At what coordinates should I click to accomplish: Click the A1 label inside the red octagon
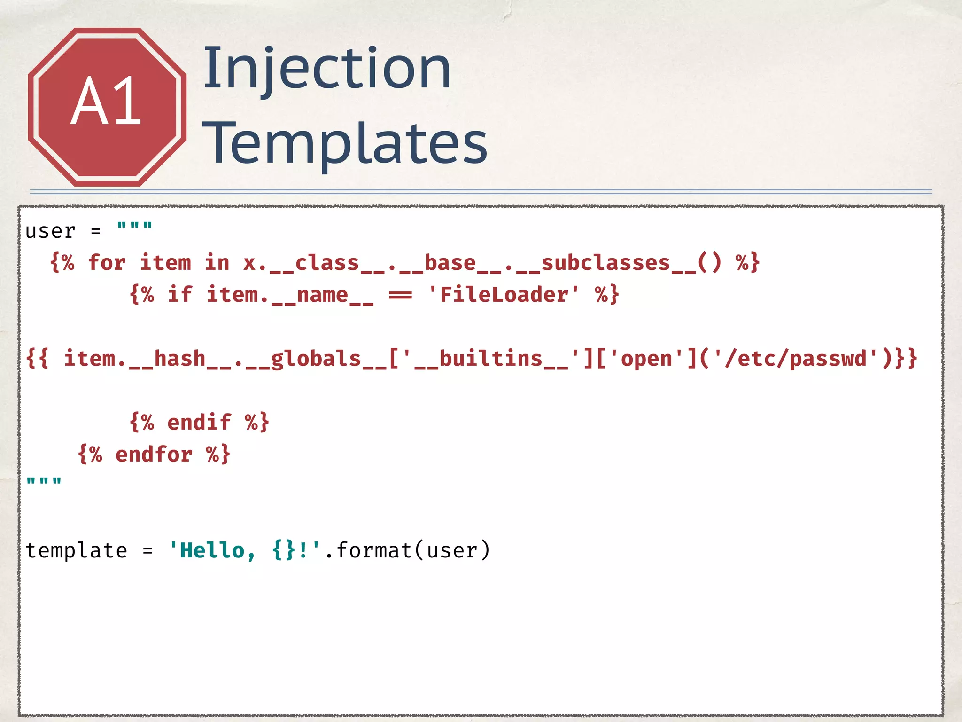[x=106, y=102]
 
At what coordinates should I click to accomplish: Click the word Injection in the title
[x=327, y=69]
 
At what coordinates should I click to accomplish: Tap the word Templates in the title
[x=345, y=143]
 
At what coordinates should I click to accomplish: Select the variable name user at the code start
[x=50, y=231]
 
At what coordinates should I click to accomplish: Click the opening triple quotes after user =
[x=135, y=227]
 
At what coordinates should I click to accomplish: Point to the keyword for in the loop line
[x=107, y=262]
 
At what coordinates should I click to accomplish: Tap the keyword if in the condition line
[x=180, y=295]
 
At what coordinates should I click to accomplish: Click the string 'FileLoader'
[x=504, y=295]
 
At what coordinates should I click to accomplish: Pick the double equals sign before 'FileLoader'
[x=400, y=295]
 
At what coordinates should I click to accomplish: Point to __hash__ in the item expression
[x=180, y=359]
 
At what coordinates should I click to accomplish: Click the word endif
[x=199, y=422]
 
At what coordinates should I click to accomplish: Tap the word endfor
[x=154, y=455]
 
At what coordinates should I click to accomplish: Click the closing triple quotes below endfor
[x=44, y=482]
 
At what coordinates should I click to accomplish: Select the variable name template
[x=76, y=550]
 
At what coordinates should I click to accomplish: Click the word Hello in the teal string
[x=212, y=550]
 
